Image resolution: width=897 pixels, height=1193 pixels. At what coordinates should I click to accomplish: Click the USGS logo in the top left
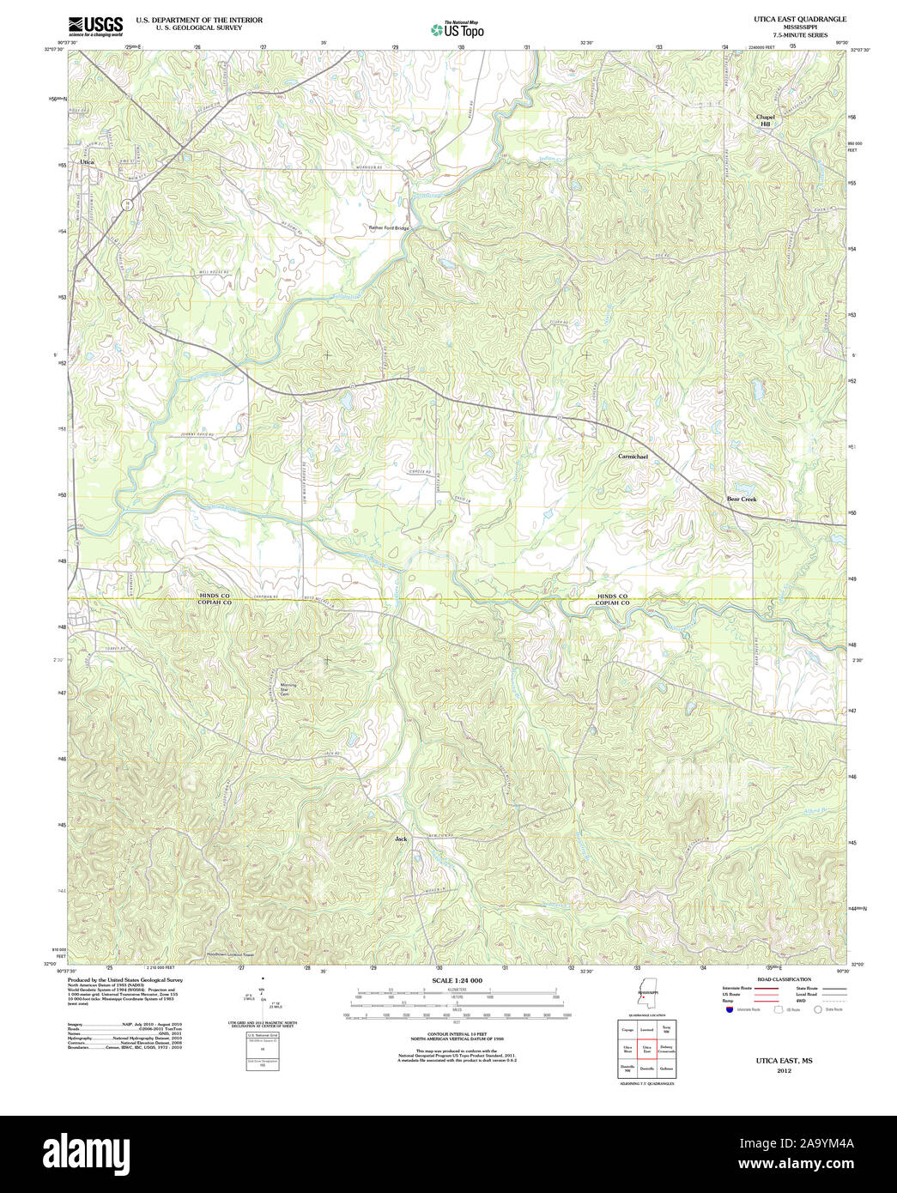click(95, 26)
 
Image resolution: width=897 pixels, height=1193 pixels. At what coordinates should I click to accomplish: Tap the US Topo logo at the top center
click(457, 29)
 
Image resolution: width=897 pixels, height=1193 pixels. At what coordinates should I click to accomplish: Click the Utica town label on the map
click(86, 161)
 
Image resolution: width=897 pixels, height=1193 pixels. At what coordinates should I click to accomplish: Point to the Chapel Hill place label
click(764, 120)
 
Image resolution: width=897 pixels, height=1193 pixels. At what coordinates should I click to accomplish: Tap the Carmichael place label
click(633, 456)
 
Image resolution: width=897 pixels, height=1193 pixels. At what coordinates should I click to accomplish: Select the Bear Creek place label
click(742, 499)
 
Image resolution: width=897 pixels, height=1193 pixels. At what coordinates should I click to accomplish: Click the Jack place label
click(400, 838)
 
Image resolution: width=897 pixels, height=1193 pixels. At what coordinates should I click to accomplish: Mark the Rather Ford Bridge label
click(390, 228)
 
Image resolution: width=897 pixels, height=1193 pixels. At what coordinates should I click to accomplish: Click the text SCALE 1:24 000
click(457, 980)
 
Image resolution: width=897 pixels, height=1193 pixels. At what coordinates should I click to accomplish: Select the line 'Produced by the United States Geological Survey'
click(125, 979)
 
